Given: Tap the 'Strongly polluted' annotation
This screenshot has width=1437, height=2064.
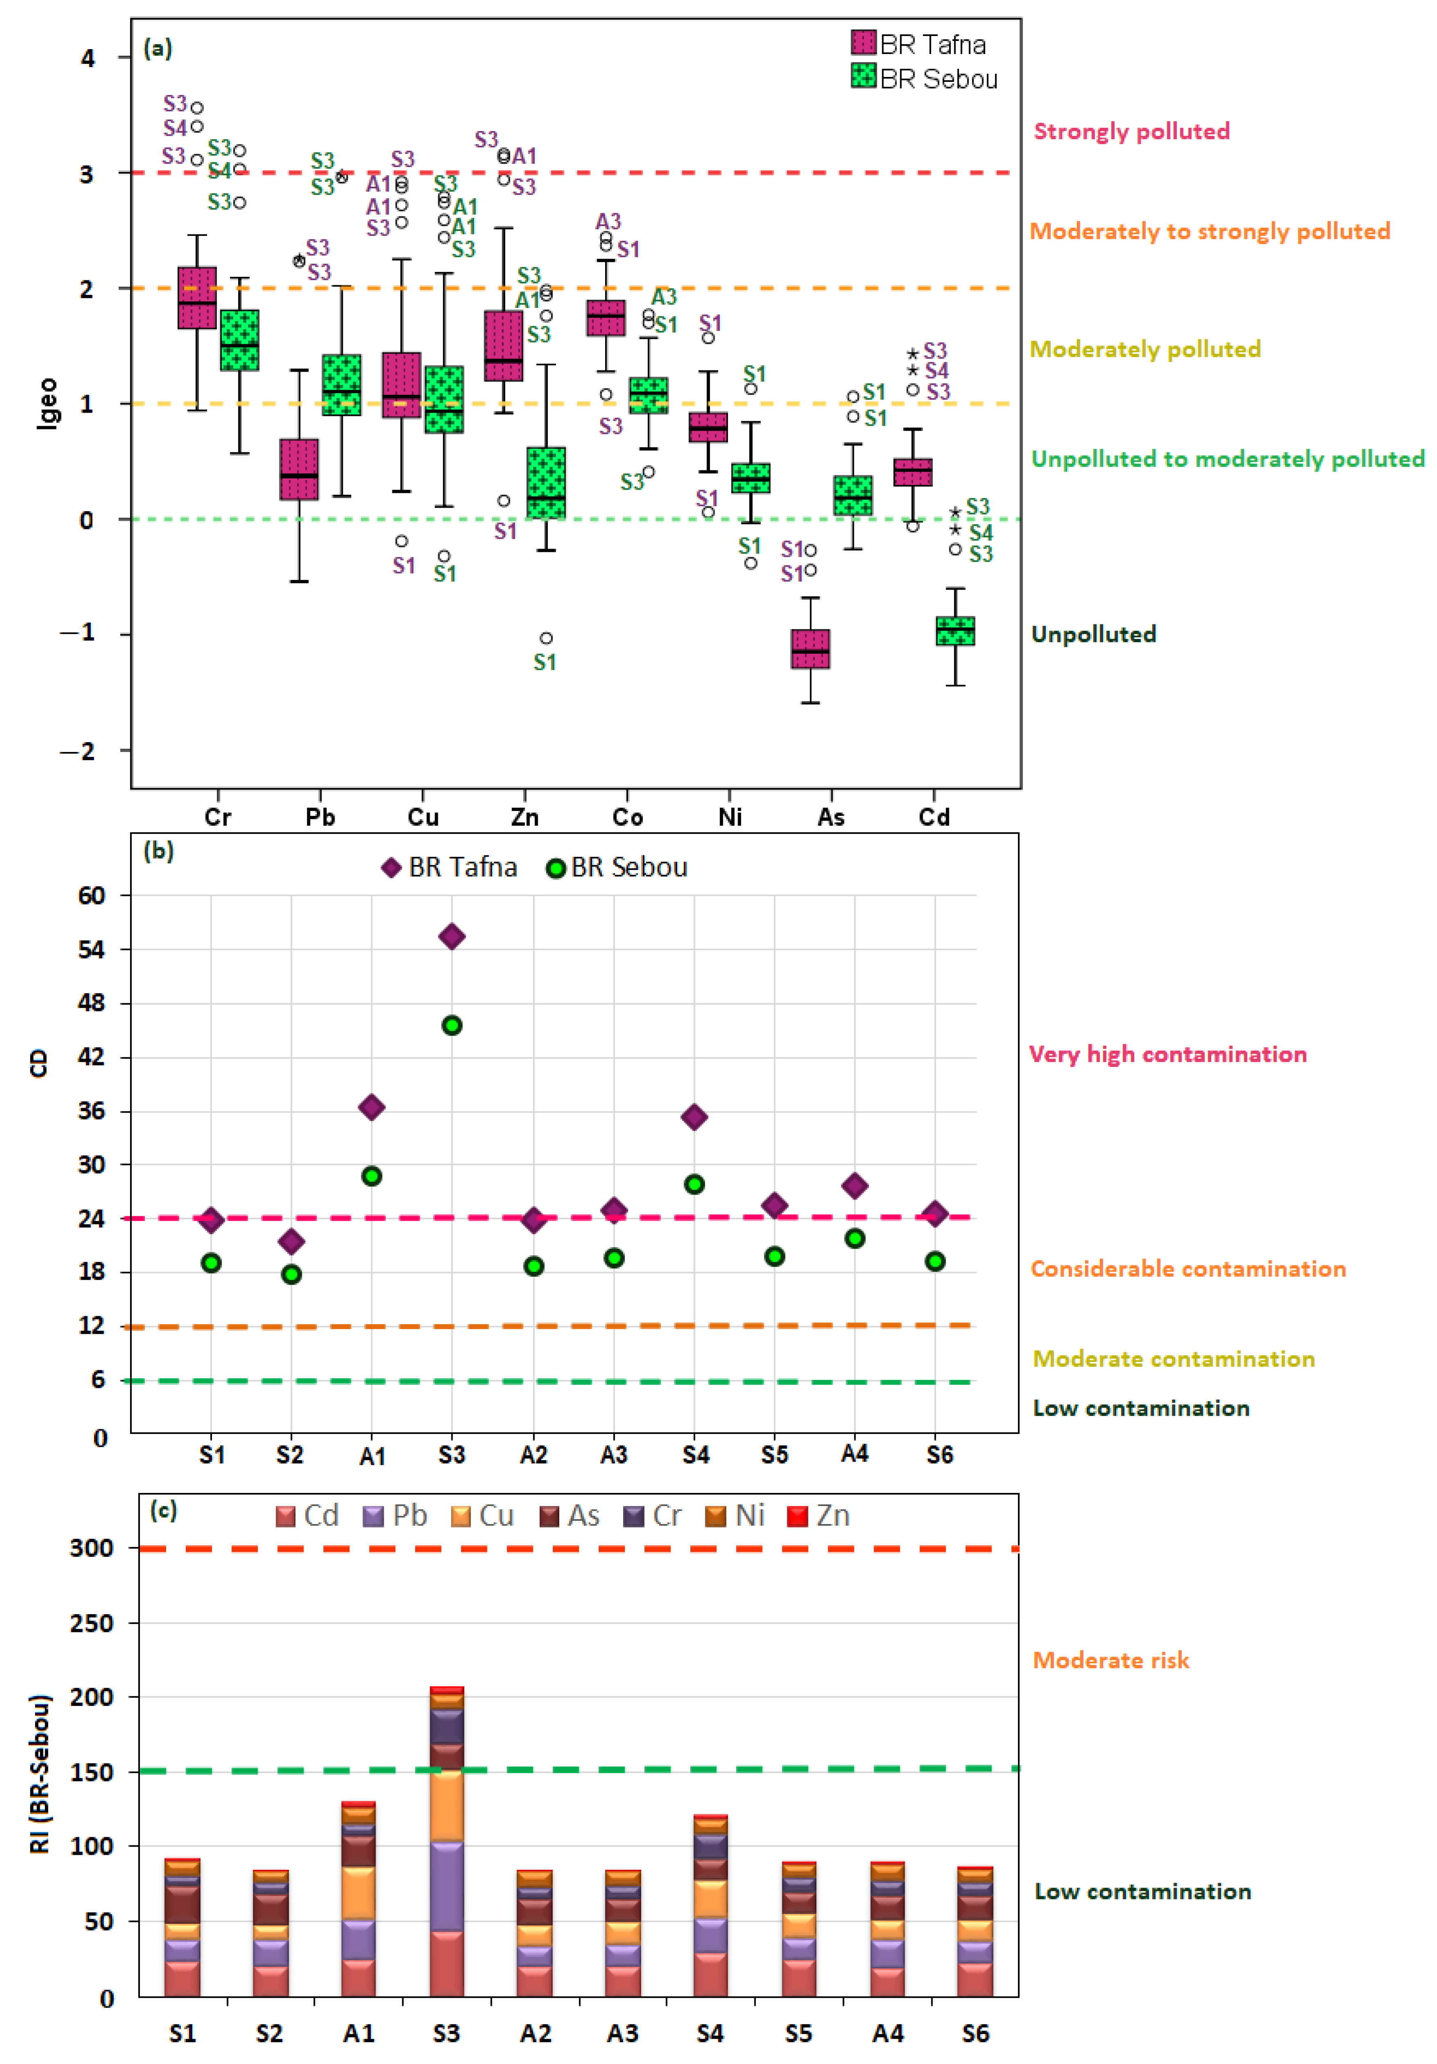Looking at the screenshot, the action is click(1131, 131).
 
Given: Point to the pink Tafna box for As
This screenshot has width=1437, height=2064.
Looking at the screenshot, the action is click(810, 648).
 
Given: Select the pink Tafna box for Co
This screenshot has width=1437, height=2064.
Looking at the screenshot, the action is click(606, 317).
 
